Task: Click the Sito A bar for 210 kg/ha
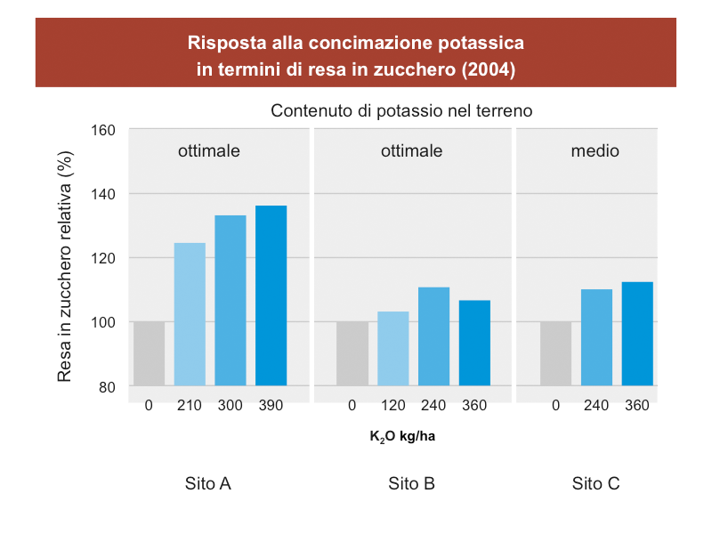tap(190, 314)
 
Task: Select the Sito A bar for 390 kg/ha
tap(271, 295)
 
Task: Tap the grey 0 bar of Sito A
tap(149, 353)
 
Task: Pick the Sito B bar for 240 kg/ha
tap(433, 336)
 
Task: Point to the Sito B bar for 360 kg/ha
tap(474, 343)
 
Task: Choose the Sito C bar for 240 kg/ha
tap(596, 337)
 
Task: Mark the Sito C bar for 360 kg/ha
tap(637, 334)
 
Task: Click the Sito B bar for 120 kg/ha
tap(392, 348)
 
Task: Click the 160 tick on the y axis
tap(104, 130)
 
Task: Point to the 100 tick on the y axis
tap(104, 322)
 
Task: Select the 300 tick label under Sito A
tap(230, 406)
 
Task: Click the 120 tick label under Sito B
tap(392, 406)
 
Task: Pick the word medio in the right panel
tap(595, 151)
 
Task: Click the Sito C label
tap(595, 484)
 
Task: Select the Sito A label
tap(208, 484)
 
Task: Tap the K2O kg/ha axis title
tap(401, 437)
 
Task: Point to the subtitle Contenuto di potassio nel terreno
tap(401, 111)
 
